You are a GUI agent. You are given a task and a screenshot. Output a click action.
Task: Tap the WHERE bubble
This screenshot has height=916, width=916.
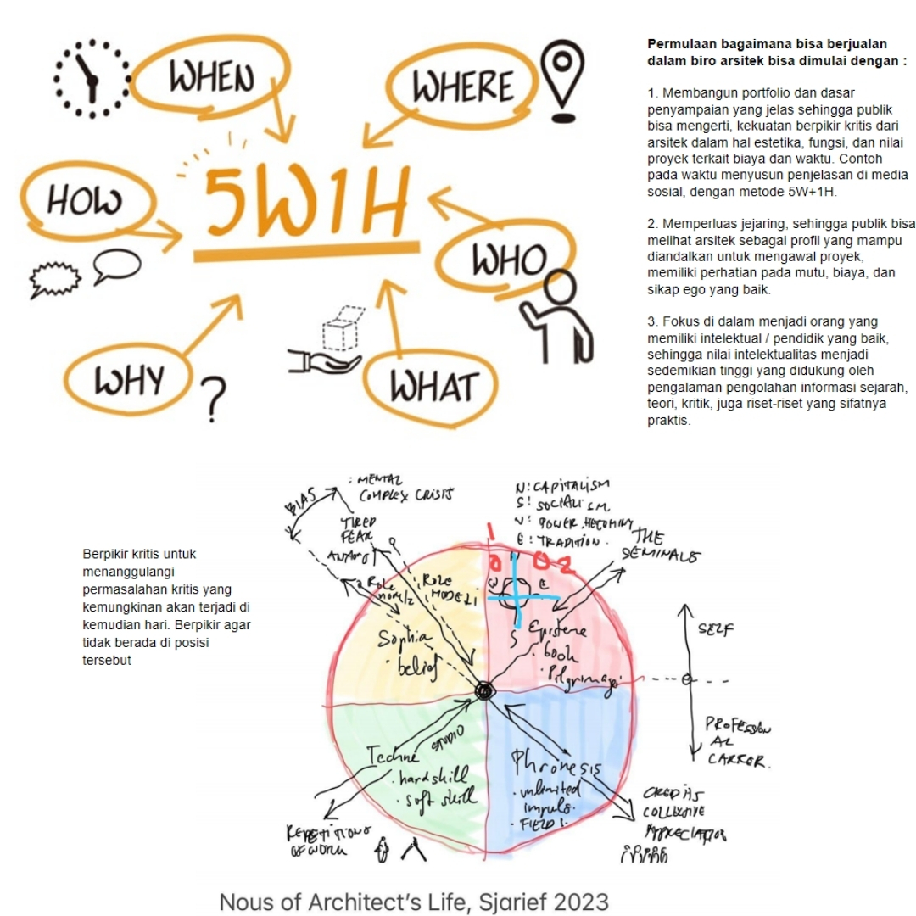tap(463, 87)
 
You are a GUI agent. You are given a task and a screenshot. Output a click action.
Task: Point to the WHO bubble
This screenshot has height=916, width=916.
tap(509, 258)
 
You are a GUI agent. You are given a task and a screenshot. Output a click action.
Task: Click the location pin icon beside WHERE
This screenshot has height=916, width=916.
tap(560, 80)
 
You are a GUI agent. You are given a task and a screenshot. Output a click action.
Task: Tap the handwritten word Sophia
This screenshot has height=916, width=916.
tap(405, 635)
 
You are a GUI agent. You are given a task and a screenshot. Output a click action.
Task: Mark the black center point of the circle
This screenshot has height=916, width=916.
tap(483, 691)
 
